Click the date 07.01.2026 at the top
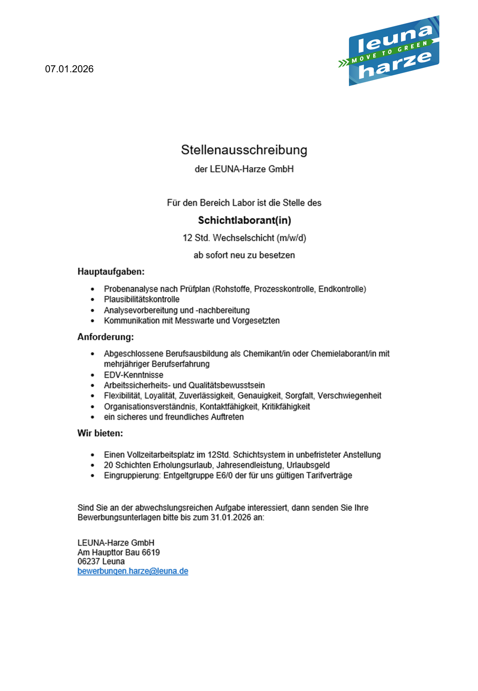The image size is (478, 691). click(69, 69)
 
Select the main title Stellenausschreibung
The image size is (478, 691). click(244, 150)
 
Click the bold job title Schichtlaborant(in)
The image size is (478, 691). click(244, 220)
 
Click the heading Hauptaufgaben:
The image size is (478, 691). click(111, 272)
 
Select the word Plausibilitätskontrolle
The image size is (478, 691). click(141, 299)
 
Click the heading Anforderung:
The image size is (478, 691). click(106, 337)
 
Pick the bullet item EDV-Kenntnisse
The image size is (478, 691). click(133, 375)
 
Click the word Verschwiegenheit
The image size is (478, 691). click(349, 396)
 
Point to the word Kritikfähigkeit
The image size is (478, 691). click(285, 407)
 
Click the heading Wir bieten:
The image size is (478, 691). click(100, 433)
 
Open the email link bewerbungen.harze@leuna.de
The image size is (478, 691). click(133, 571)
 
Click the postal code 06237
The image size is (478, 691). click(89, 561)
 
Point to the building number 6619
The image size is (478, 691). click(151, 552)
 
